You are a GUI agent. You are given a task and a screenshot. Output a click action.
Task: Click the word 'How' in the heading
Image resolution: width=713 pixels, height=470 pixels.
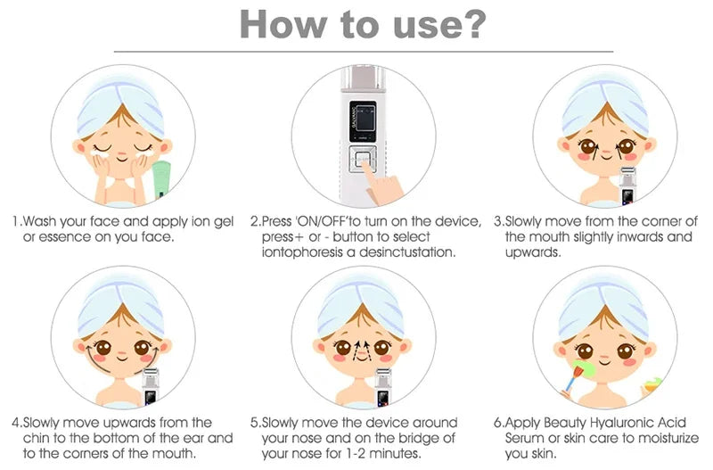coord(283,23)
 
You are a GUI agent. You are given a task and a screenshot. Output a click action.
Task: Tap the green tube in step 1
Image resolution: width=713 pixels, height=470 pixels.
coord(161,180)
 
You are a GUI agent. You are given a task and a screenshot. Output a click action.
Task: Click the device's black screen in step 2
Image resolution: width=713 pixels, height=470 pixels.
coord(363,121)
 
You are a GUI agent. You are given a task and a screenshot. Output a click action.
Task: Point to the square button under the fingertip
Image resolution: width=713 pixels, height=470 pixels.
coord(363,160)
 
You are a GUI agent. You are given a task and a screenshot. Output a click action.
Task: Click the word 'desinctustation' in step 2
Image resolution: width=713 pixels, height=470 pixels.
coord(406,252)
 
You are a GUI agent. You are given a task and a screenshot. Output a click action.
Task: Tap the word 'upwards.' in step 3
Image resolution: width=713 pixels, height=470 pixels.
coord(533,253)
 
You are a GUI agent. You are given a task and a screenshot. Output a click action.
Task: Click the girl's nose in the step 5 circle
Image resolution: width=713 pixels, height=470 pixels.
coord(362,352)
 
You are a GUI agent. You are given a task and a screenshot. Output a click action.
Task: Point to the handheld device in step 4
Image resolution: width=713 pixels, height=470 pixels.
coord(151,387)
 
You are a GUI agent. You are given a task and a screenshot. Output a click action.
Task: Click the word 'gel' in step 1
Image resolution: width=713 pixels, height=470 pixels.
coord(224,222)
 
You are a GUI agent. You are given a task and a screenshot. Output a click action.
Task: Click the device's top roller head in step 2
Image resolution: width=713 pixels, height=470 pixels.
coord(363,78)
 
